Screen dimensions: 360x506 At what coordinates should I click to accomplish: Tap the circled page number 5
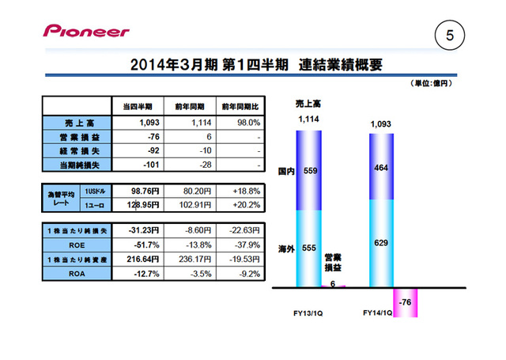(450, 35)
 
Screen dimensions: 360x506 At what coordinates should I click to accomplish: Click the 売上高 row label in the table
(77, 123)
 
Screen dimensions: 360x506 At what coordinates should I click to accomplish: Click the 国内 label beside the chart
(286, 170)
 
